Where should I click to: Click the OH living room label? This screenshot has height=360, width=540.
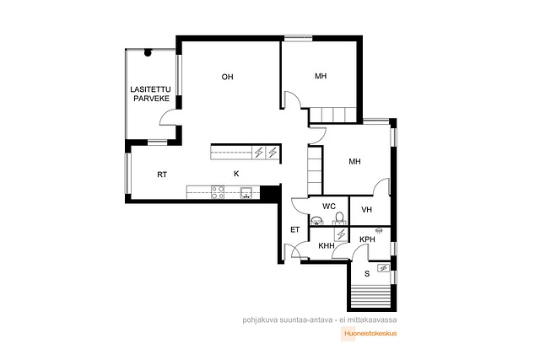click(x=227, y=77)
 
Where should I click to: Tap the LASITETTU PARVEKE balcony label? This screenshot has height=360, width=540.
click(x=150, y=94)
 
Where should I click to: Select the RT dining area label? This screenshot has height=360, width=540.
click(x=162, y=175)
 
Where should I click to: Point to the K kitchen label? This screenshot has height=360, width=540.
click(x=236, y=174)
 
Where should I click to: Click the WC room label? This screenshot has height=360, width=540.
click(x=329, y=207)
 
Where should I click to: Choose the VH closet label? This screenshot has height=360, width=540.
click(x=367, y=210)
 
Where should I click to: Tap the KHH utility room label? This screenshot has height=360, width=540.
click(x=327, y=245)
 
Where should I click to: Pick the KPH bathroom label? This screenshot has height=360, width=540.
click(x=367, y=239)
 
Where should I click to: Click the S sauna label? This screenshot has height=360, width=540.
click(x=367, y=274)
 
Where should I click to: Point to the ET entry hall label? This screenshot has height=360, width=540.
click(x=295, y=230)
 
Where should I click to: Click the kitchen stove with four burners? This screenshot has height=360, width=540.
click(x=218, y=192)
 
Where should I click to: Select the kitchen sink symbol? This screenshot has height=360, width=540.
click(x=246, y=193)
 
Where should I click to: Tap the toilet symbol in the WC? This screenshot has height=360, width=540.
click(x=339, y=218)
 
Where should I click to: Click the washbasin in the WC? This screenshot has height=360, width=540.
click(x=316, y=220)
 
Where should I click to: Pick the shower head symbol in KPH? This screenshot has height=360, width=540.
click(x=379, y=230)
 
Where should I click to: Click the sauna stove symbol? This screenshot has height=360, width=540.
click(x=383, y=268)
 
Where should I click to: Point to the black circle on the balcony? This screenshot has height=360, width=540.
click(x=148, y=52)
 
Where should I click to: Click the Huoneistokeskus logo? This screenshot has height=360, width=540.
click(x=369, y=333)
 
